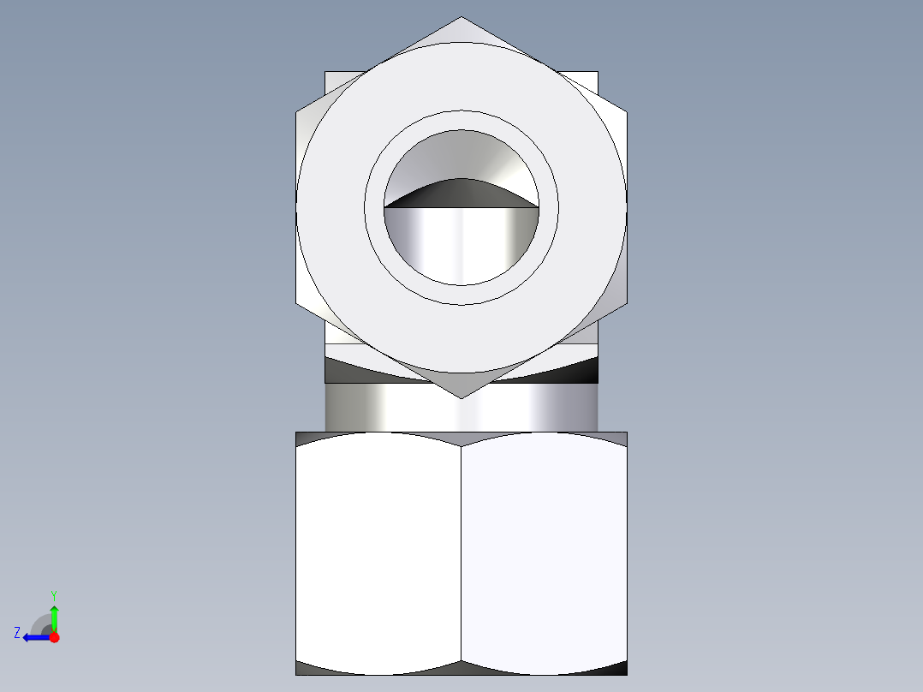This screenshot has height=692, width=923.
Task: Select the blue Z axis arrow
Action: point(34,637)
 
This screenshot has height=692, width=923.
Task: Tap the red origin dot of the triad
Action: point(54,637)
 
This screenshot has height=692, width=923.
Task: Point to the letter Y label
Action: point(53,594)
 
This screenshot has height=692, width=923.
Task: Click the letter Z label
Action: point(17,633)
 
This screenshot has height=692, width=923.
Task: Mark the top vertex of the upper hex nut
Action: point(461,17)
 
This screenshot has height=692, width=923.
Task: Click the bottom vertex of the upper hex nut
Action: point(461,397)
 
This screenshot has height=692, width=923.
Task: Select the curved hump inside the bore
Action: point(461,194)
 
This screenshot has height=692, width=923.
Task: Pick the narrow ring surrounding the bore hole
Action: point(461,121)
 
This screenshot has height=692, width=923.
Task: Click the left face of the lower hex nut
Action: point(378,552)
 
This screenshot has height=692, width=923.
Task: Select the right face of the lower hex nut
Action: point(545,552)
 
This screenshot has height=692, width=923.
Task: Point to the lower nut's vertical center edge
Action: point(461,552)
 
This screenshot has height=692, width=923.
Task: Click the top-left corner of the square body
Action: point(326,72)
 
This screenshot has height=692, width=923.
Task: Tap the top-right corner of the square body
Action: point(597,72)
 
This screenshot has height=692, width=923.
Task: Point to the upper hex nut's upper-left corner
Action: point(297,111)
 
